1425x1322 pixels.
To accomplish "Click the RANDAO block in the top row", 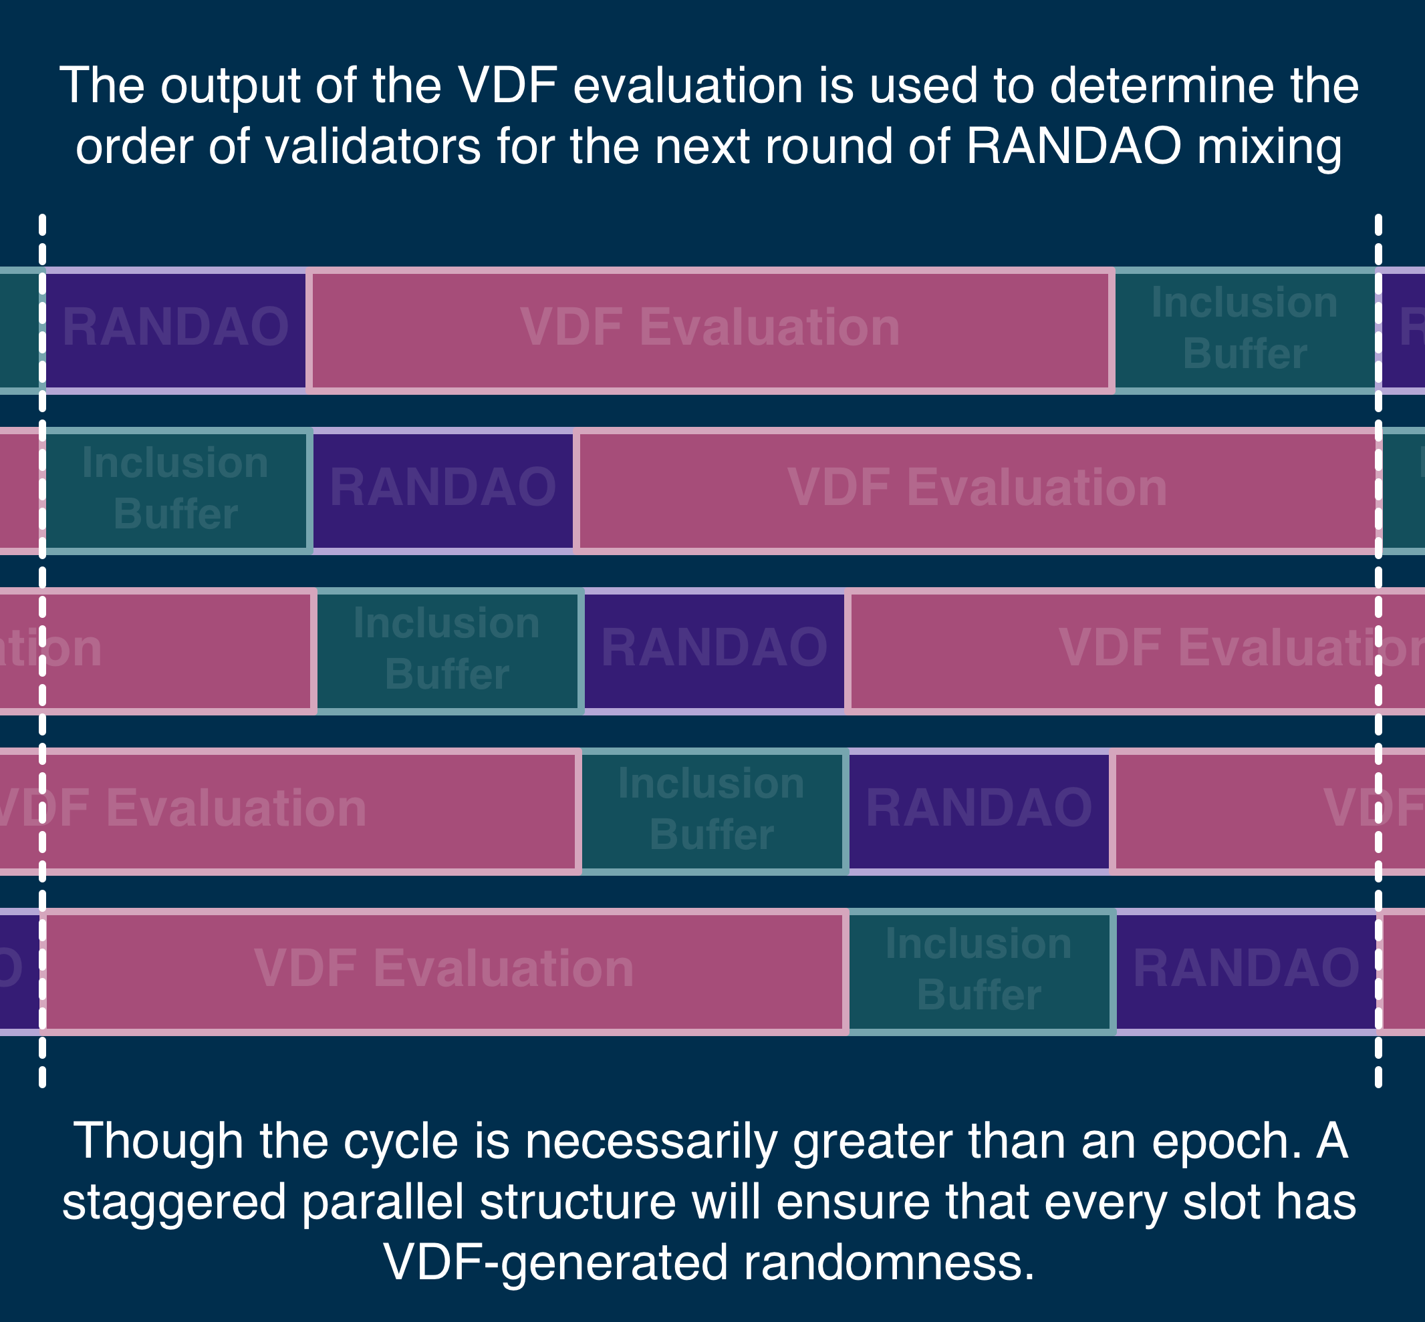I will [176, 330].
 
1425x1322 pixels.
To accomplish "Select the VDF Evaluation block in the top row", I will [710, 330].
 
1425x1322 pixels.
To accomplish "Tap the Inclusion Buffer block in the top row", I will [1245, 330].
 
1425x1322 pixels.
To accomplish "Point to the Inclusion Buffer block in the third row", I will [447, 650].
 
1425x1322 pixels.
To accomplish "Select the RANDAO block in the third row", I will [715, 650].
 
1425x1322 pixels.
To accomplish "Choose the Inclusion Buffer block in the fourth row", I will [712, 810].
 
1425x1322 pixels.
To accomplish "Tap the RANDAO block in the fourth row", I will [979, 810].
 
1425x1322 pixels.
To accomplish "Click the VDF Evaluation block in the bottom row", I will [444, 971].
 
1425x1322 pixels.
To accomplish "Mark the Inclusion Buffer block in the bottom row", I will [979, 971].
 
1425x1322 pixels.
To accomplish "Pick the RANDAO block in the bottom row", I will [1246, 971].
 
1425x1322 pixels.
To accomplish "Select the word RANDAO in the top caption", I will [1073, 147].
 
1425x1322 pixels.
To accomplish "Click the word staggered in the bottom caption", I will [174, 1204].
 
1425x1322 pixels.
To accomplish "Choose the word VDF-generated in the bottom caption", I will [556, 1263].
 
